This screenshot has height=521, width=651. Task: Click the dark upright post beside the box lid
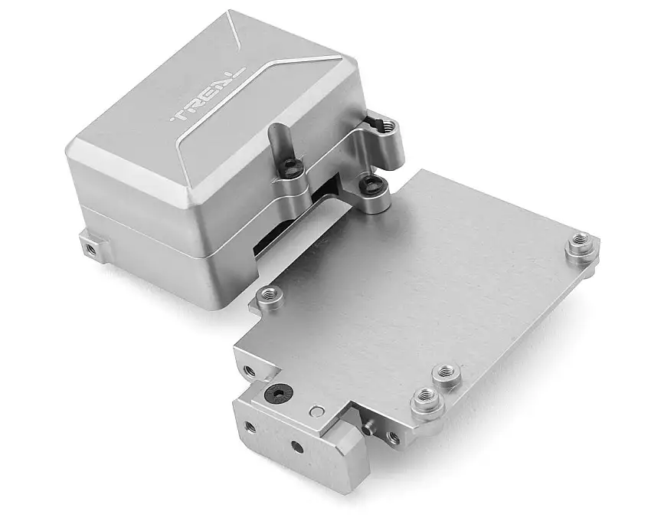276,141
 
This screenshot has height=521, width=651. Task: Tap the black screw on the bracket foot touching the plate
372,183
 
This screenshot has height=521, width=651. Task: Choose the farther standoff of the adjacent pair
445,375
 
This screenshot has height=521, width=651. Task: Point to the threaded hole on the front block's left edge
248,427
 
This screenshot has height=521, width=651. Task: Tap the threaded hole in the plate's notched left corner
249,371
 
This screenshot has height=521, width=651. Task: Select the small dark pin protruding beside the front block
370,424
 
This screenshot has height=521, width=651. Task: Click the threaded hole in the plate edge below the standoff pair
393,437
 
